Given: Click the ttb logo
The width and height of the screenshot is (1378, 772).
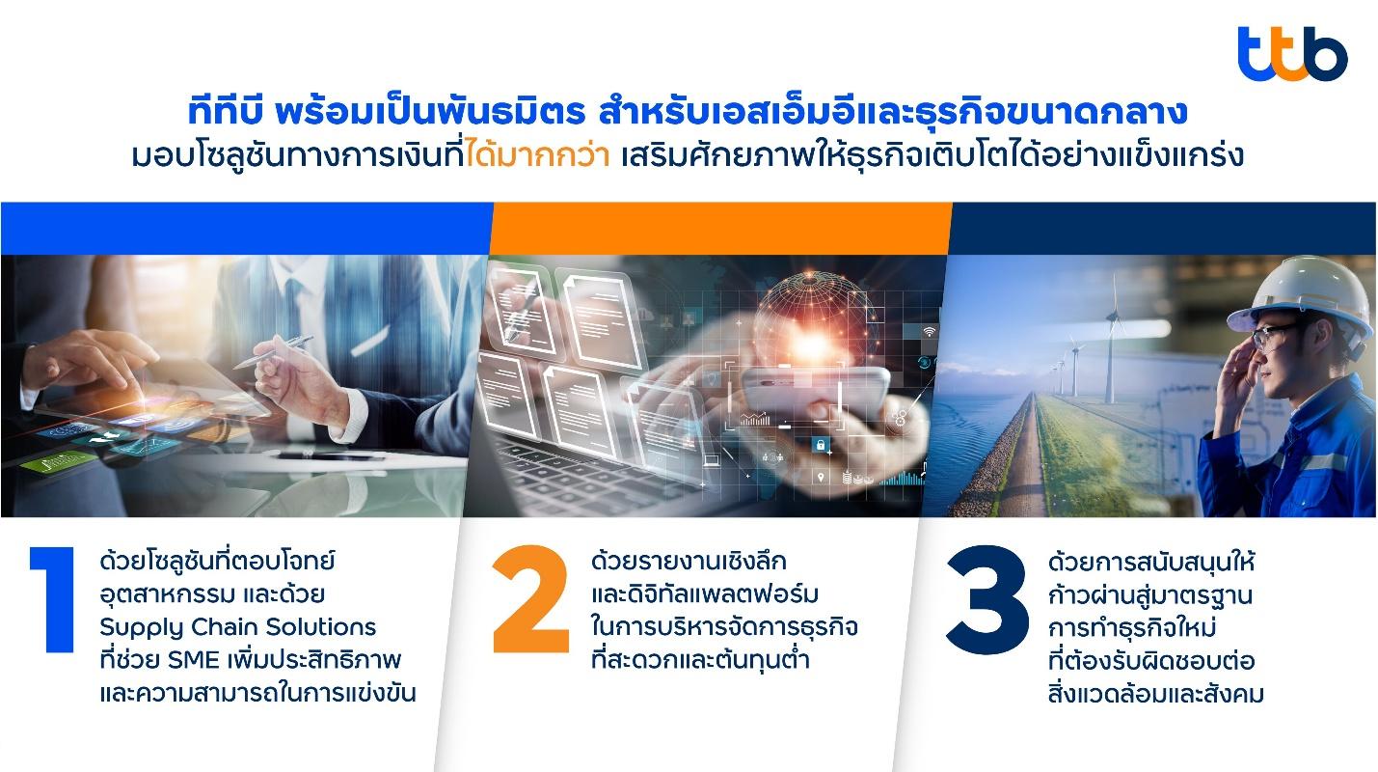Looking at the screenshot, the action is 1292,54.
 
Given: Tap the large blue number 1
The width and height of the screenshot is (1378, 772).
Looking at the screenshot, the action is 54,599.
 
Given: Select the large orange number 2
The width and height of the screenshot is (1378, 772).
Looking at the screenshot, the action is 531,598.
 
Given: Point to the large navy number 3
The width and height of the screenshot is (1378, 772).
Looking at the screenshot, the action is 988,599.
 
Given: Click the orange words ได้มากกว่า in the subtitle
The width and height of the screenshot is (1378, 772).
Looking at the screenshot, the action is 538,155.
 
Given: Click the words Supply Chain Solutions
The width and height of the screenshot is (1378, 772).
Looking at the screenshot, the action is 237,627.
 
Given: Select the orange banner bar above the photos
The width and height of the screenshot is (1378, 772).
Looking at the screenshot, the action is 721,228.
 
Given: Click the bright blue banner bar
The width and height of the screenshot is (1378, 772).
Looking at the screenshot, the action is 246,228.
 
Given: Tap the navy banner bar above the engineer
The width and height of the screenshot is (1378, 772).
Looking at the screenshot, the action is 1163,228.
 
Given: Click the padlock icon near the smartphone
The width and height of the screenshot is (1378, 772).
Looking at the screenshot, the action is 820,444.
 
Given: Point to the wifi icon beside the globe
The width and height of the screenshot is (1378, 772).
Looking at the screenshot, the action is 929,332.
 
